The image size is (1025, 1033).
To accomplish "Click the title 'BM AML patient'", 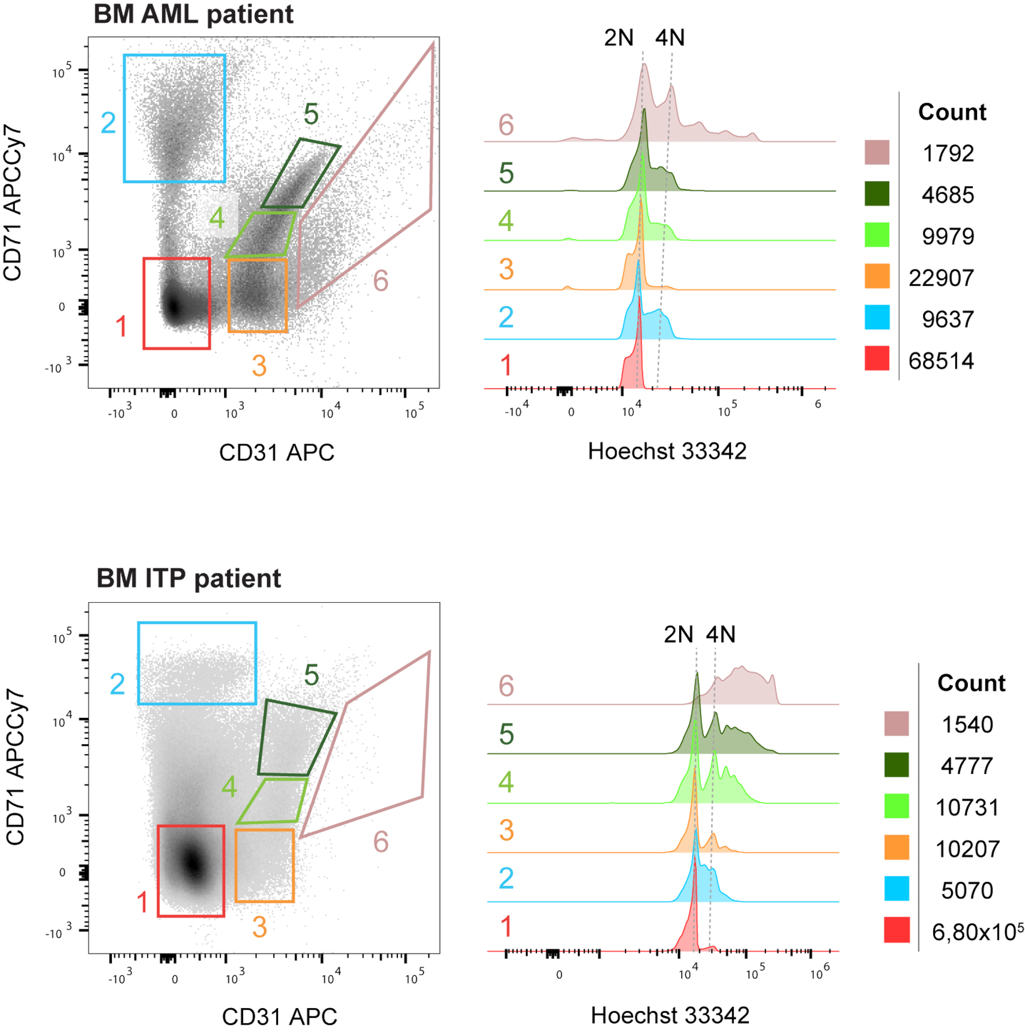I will click(193, 14).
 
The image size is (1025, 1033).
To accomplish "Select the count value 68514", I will click(940, 361).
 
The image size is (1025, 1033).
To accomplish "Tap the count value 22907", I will click(940, 278).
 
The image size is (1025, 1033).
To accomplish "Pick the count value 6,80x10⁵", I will click(977, 932).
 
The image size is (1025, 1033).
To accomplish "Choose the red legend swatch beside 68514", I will click(877, 358).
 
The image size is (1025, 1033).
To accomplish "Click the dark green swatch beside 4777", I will click(896, 765).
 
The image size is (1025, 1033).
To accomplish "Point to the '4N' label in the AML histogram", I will click(670, 38).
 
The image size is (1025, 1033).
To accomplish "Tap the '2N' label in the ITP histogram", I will click(678, 635).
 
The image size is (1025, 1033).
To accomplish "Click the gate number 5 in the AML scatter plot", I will click(311, 114).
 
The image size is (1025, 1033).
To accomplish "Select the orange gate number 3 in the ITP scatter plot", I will click(260, 927).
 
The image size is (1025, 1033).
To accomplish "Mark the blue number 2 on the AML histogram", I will click(506, 318).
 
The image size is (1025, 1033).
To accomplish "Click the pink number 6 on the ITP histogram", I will click(506, 686).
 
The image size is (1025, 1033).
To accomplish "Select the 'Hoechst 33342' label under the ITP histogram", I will click(670, 1015).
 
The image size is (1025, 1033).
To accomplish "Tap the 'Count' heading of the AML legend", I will click(952, 112).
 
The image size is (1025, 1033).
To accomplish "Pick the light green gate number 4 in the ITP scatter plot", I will click(229, 787).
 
